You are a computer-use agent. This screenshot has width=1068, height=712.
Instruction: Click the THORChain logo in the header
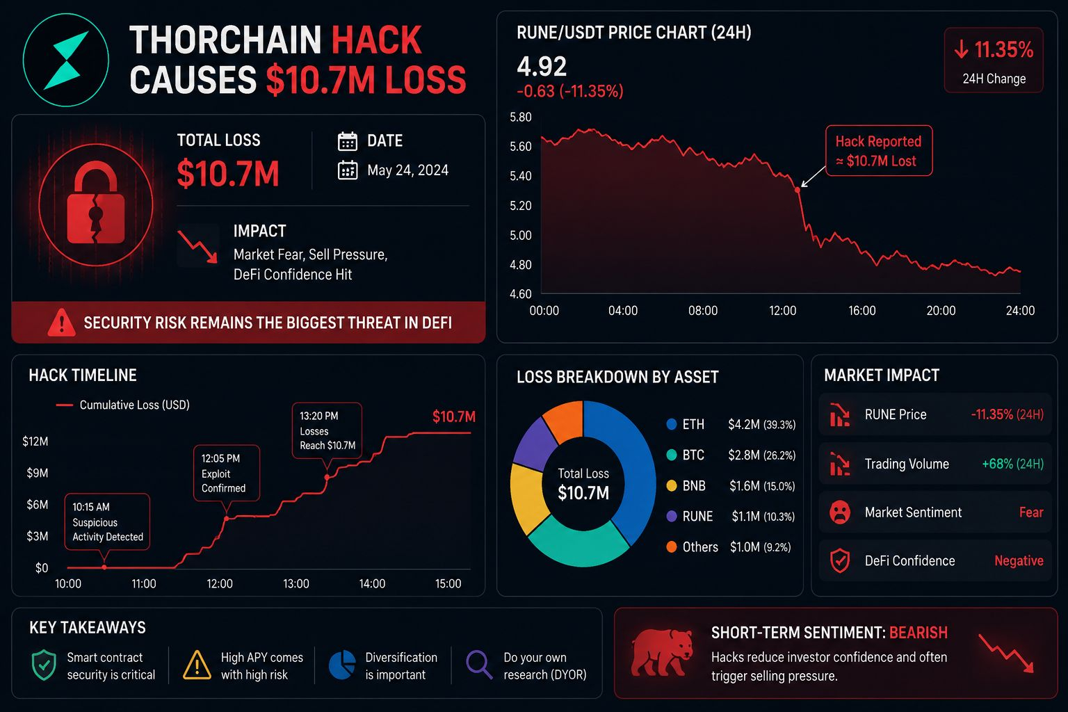coord(66,60)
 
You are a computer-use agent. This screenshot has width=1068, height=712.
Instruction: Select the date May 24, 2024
coord(407,170)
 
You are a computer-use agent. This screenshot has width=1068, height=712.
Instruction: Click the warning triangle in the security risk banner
coord(61,323)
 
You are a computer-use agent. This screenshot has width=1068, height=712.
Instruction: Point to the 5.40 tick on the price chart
coord(521,176)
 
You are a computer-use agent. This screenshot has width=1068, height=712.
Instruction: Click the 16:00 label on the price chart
coord(862,310)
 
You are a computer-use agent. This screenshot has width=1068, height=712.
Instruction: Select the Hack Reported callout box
coord(879,151)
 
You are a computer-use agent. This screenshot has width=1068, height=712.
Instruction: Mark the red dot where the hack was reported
coord(798,190)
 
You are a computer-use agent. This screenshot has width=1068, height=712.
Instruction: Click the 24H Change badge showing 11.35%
coord(994,60)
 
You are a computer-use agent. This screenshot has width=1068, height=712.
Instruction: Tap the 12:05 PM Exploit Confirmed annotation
coord(227,473)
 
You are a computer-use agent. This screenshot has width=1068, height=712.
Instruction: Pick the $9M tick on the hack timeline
coord(37,473)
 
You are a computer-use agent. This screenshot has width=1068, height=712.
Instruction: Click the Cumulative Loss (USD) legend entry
coord(123,405)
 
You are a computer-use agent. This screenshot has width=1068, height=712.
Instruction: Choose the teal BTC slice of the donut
coord(578,545)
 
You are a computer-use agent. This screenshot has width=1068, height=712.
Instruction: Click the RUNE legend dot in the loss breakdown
coord(671,516)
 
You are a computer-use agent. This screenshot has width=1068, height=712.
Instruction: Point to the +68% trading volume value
coord(1012,464)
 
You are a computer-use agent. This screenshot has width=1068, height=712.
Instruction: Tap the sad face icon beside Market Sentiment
coord(840,512)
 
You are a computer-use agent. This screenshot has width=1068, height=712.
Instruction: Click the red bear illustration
coord(662,652)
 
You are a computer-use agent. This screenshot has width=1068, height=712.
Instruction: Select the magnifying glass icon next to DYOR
coord(478,664)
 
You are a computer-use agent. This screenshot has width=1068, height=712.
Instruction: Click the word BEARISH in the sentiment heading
coord(919,632)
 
